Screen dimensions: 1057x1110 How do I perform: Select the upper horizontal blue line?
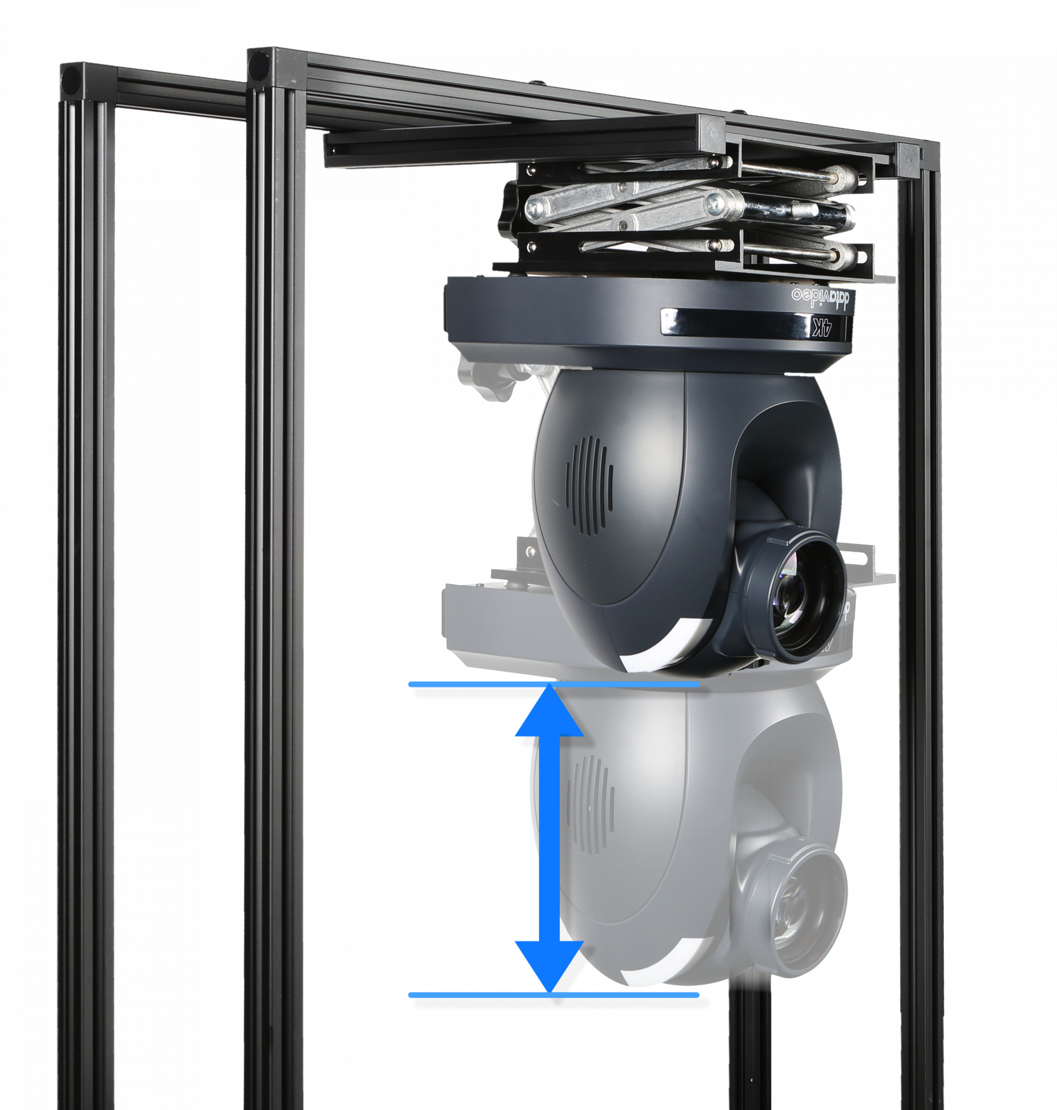(553, 684)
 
